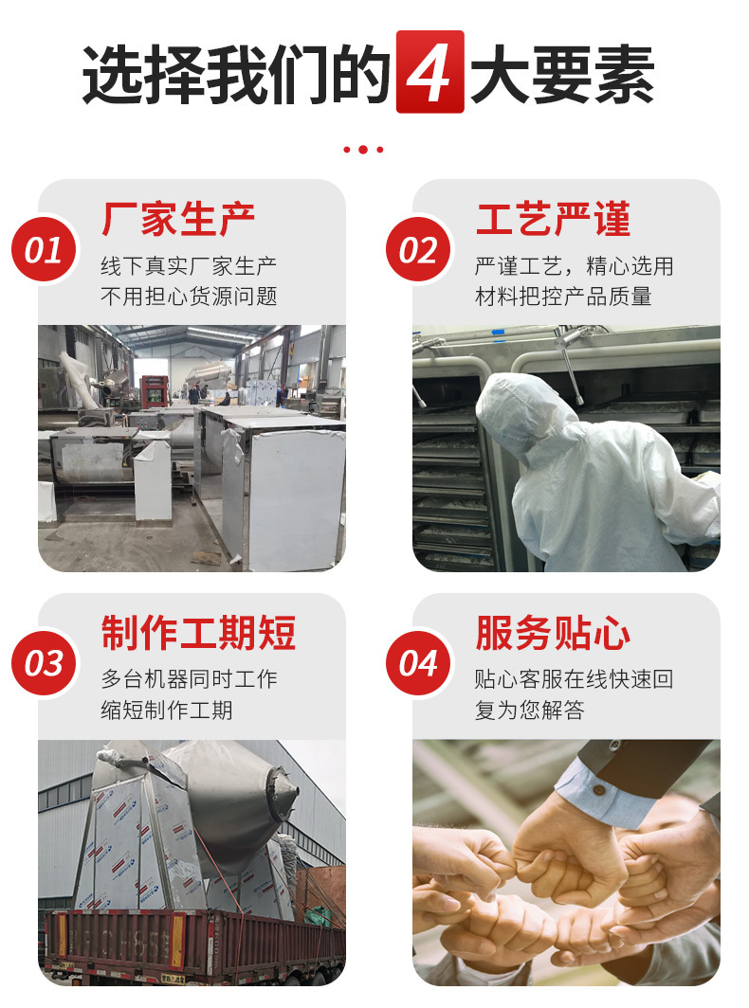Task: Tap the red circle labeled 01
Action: point(43,250)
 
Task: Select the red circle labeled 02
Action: point(417,250)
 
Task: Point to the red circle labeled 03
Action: point(43,663)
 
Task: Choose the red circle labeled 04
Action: point(417,663)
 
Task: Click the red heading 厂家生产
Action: point(178,220)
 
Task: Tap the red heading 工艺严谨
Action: point(553,220)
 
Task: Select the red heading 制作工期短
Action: point(198,633)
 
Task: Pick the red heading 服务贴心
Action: point(553,633)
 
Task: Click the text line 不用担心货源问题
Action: point(189,297)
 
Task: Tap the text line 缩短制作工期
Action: point(167,710)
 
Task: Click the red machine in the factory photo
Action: point(154,390)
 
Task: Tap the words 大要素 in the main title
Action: point(562,73)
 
